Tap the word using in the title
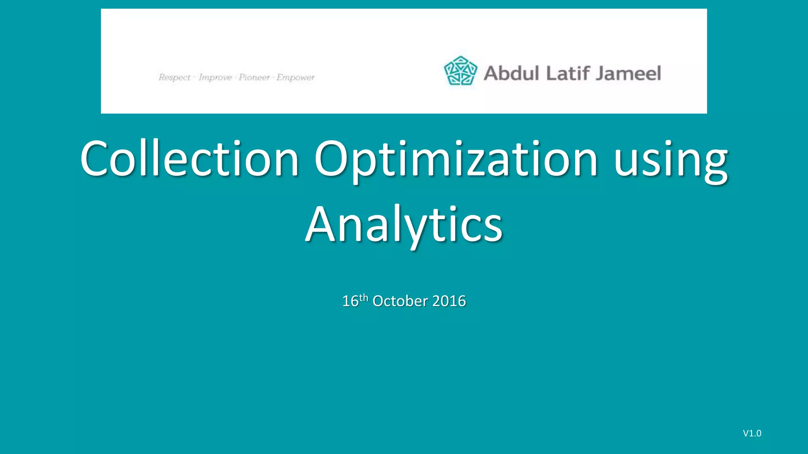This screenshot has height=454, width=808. click(671, 158)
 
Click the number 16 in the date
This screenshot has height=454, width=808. click(350, 301)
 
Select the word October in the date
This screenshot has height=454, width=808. click(400, 301)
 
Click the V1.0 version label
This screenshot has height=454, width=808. click(752, 434)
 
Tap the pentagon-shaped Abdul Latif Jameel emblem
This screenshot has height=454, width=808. click(460, 71)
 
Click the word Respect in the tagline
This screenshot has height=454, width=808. click(174, 77)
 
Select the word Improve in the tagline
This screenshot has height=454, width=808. click(215, 77)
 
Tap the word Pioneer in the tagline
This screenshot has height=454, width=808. click(254, 77)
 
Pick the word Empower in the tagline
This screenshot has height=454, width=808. click(296, 77)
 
